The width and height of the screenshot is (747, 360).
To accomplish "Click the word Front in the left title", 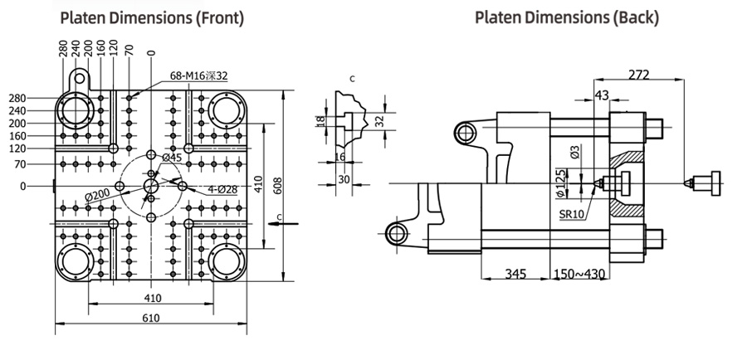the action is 219,18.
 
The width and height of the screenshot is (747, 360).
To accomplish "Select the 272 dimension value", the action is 638,75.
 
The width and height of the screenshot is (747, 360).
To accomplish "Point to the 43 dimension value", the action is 602,95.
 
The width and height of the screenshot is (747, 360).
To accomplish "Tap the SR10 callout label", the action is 572,214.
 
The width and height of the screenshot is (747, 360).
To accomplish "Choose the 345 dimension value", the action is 515,274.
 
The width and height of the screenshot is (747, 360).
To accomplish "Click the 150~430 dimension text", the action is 580,274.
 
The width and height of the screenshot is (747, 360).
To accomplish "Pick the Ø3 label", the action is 575,152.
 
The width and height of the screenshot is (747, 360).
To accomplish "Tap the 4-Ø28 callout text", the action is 222,190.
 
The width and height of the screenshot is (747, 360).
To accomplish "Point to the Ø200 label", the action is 97,195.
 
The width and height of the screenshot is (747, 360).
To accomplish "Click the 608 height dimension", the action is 278,186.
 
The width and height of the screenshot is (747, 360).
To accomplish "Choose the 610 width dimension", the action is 151,318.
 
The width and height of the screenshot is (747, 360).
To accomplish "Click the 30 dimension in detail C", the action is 343,179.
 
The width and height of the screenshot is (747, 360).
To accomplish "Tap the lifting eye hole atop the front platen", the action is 79,76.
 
